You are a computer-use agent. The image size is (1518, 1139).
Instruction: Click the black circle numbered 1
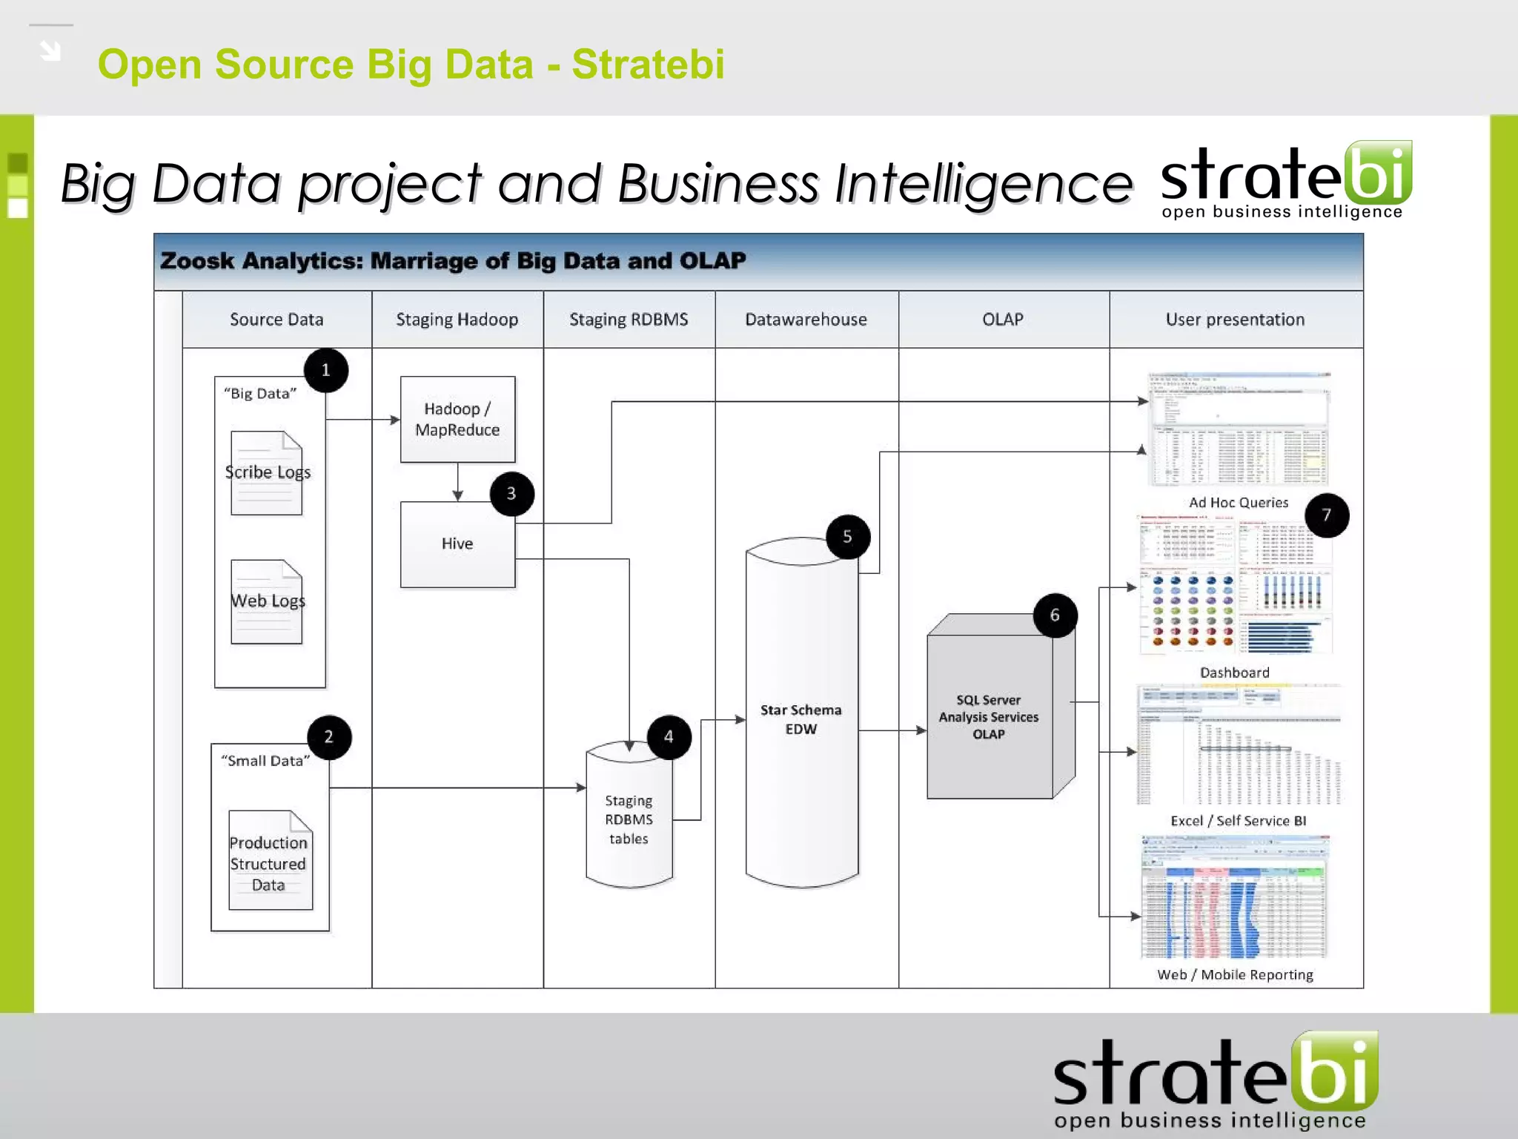click(325, 370)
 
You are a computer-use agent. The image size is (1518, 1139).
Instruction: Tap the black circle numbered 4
click(669, 737)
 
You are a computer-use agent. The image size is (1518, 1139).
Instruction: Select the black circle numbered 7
click(1326, 515)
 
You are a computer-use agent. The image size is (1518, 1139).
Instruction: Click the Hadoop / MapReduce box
click(457, 419)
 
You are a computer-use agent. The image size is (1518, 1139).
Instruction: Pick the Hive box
click(457, 544)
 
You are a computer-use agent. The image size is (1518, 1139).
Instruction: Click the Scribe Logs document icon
click(267, 472)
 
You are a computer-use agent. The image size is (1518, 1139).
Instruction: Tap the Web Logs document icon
click(267, 601)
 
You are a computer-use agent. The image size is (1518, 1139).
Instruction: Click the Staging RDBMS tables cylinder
click(629, 816)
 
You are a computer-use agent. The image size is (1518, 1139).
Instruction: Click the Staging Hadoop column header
click(457, 320)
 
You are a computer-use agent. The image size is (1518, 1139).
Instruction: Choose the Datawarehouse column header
click(806, 320)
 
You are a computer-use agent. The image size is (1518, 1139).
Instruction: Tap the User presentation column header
click(1235, 320)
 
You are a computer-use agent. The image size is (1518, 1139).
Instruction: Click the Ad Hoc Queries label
click(1239, 503)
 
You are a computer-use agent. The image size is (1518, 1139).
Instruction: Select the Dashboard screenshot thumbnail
click(1235, 586)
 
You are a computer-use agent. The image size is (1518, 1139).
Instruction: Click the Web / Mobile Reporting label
click(1235, 974)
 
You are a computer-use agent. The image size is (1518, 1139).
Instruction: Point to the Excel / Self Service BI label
click(1238, 821)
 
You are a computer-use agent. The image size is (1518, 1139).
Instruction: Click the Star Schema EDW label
click(801, 719)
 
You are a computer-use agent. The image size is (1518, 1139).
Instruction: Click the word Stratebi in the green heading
click(648, 64)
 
